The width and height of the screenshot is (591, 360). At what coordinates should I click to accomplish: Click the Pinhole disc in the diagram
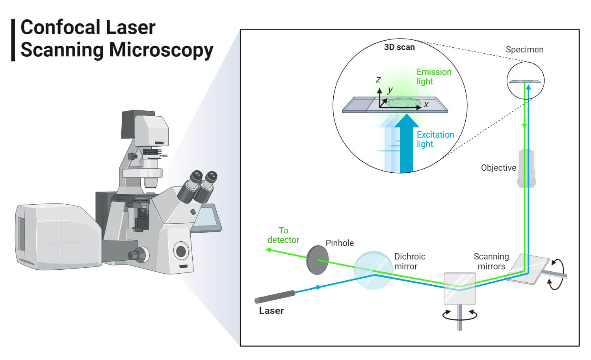(317, 260)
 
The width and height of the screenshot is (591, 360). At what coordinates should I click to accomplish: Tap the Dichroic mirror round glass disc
(373, 270)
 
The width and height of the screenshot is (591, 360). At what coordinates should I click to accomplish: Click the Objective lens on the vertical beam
(526, 168)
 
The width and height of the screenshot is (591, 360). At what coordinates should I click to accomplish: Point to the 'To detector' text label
(283, 235)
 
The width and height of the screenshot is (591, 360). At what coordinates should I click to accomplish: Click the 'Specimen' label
(524, 50)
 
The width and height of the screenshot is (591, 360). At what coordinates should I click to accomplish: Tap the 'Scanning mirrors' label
(491, 261)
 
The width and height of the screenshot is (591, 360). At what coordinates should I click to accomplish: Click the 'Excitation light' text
(435, 139)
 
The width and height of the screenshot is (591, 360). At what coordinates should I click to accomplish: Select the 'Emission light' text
(433, 76)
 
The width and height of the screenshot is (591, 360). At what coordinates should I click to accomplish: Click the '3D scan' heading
(399, 47)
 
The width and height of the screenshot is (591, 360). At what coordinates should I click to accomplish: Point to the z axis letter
(378, 80)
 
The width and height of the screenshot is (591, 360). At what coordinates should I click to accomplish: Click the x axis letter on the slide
(426, 104)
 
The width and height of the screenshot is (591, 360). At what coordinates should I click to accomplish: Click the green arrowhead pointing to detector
(268, 250)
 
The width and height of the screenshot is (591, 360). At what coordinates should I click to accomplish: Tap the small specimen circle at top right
(525, 80)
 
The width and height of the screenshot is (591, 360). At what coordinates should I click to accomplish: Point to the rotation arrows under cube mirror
(460, 315)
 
